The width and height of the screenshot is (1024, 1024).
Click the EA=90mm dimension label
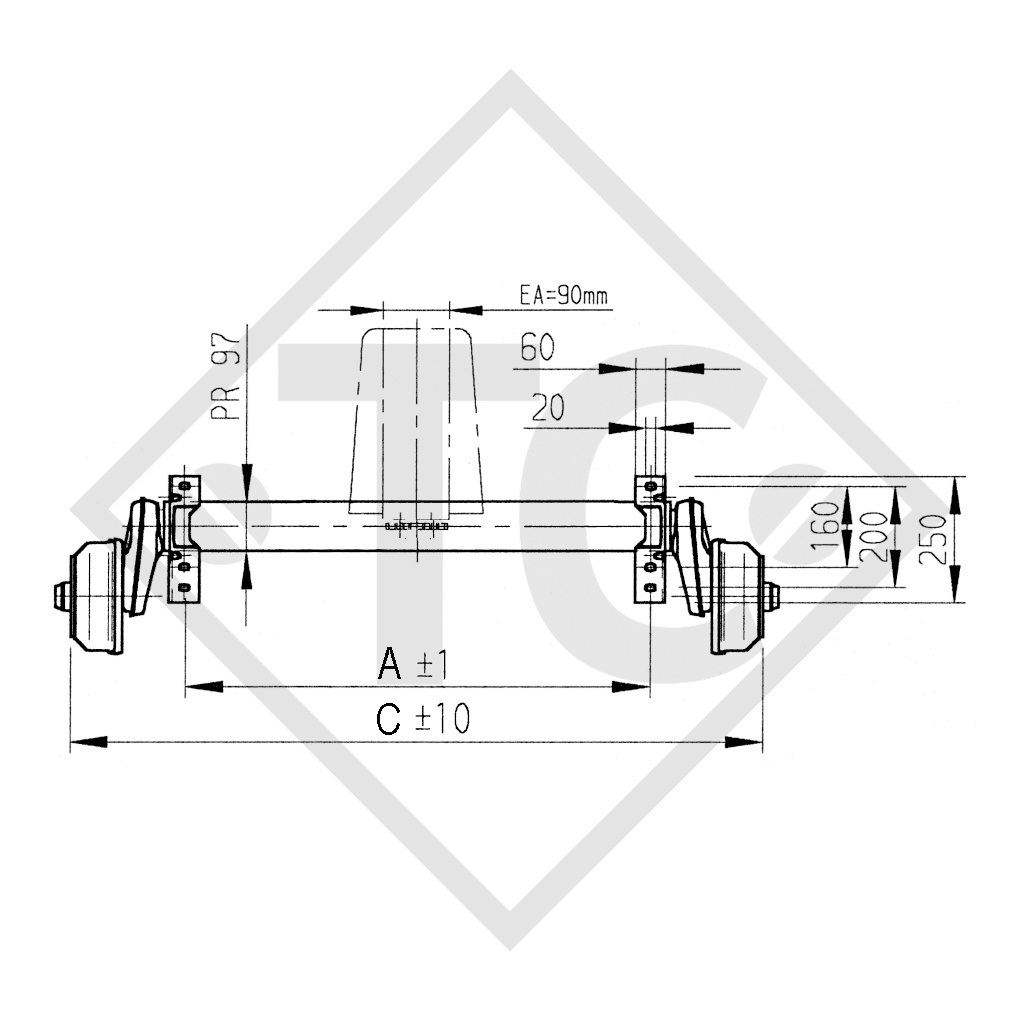[x=563, y=295]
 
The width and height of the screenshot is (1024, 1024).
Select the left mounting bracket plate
[x=182, y=540]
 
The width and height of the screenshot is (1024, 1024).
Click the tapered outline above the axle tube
[x=417, y=420]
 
